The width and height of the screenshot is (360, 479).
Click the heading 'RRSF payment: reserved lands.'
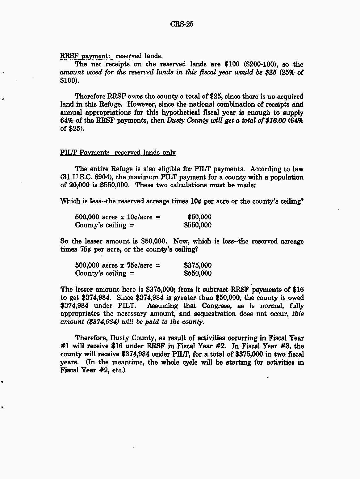click(111, 56)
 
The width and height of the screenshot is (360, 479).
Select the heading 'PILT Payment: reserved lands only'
click(118, 152)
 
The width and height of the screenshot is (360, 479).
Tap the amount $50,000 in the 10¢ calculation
click(199, 217)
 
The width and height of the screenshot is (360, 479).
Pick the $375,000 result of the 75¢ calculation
click(198, 265)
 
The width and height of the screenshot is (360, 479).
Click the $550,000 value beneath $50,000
click(198, 225)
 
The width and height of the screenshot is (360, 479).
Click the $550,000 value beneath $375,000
click(198, 273)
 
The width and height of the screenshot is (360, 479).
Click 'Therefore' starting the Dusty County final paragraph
click(91, 338)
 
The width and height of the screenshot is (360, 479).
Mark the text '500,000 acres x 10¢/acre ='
click(118, 217)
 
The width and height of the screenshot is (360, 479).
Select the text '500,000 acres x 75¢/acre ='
click(118, 265)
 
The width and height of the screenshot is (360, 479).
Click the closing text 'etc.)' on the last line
click(119, 370)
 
